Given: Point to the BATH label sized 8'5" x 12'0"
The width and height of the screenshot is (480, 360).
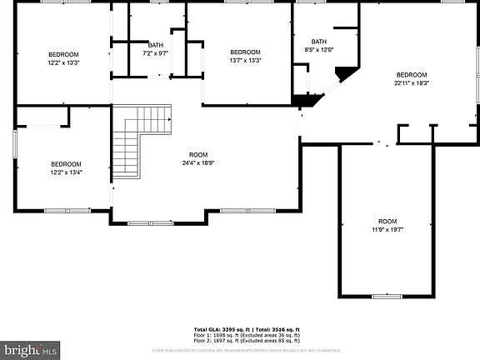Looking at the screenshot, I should coord(319,41).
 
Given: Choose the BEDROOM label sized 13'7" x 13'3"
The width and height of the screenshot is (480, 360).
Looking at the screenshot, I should coord(245,52).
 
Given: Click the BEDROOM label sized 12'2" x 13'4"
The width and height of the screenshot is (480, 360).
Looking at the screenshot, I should coord(66,163).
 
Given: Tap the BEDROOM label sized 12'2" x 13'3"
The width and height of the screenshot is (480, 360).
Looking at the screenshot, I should coord(62,52).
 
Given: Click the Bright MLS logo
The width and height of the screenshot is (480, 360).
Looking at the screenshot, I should coord(28,350).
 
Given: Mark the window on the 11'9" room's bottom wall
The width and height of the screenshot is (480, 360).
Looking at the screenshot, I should coord(386,296).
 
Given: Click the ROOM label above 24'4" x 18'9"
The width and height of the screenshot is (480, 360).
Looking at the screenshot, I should coord(198,155).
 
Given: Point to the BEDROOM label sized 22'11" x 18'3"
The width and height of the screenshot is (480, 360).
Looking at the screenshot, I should coord(411,74).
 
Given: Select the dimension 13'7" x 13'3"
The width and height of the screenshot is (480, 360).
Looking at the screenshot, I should coord(245,61).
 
